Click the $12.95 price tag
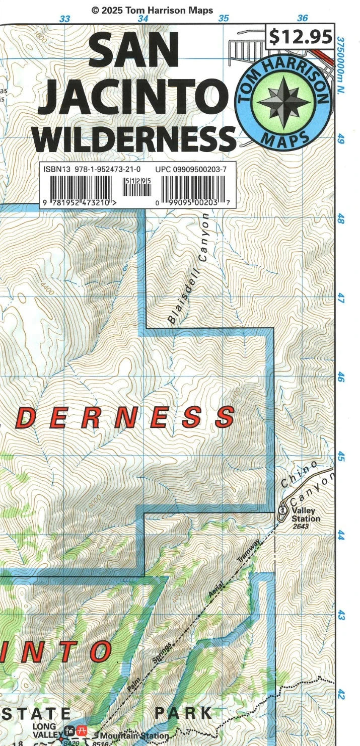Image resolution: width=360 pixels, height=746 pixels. point(300,37)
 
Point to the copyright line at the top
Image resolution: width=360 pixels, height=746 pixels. point(152,10)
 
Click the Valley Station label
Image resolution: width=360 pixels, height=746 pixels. point(305,514)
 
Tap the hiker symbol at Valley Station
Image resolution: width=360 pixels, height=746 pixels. point(282,510)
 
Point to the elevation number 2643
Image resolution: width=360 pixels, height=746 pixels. point(302,527)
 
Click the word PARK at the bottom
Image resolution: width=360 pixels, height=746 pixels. point(183,713)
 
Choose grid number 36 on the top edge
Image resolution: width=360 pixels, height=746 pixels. point(302,18)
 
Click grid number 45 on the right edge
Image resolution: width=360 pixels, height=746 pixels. point(341,457)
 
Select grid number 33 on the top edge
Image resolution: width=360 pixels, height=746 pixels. point(64,19)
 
